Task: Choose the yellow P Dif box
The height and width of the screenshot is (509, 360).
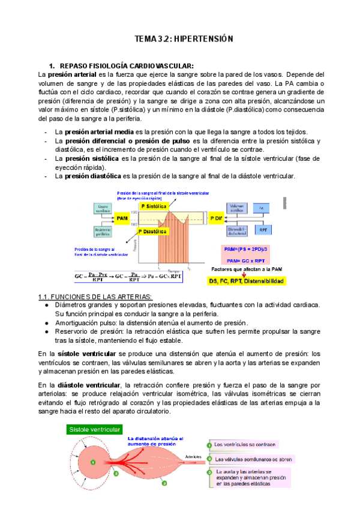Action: tap(215, 217)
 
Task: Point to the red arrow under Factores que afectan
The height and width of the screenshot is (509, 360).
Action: tap(244, 274)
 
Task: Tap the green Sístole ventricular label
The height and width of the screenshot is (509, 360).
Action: tap(95, 429)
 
